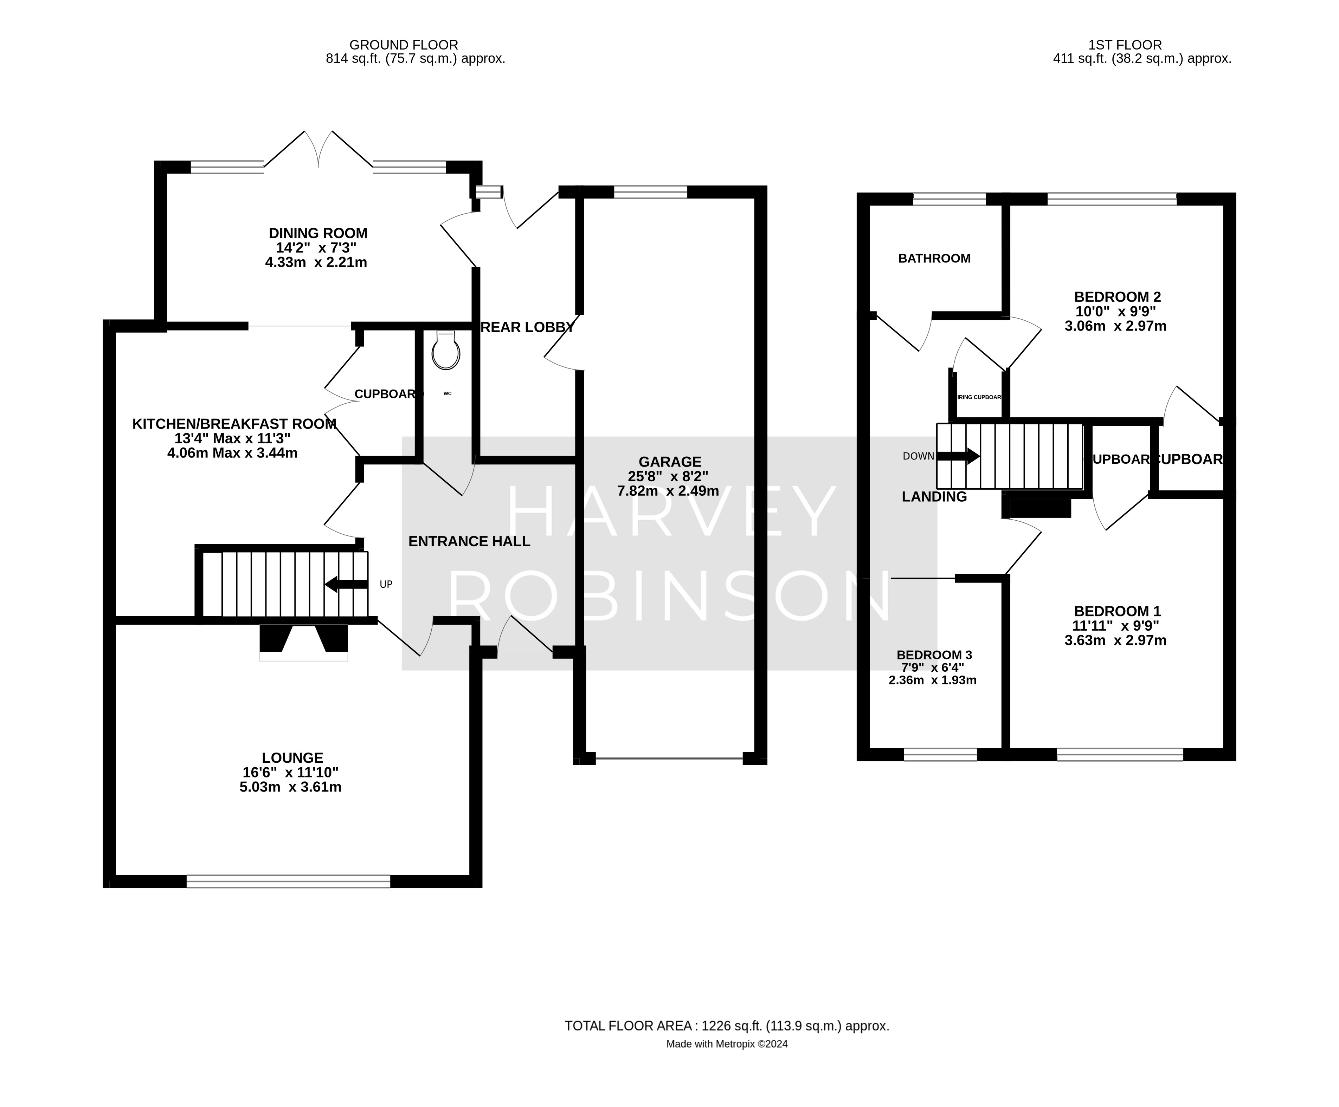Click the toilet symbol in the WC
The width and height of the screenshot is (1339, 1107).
[446, 351]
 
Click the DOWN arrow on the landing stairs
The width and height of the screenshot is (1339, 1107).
[958, 456]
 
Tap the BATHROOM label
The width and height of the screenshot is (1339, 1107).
[934, 258]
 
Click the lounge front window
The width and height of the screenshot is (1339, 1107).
[288, 881]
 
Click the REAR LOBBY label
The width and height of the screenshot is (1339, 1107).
[527, 327]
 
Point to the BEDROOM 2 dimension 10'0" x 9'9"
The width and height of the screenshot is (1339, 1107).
[1115, 312]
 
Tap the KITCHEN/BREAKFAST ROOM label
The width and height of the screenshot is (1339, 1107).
[234, 424]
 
